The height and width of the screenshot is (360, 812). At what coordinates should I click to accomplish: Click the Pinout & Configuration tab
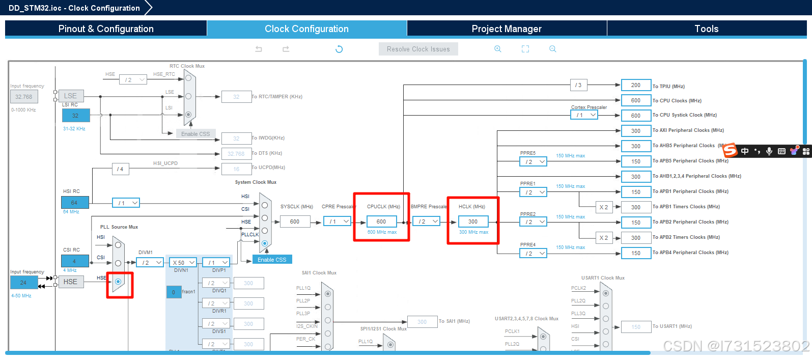106,29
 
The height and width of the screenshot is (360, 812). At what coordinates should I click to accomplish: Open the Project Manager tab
507,29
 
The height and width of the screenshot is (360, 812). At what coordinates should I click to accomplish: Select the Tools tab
707,29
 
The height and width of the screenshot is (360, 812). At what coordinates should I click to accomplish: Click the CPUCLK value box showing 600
381,221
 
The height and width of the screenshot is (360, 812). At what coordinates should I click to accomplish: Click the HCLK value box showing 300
473,221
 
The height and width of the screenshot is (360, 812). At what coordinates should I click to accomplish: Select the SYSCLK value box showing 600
295,221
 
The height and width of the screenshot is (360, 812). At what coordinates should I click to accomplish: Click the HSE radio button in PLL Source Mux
118,282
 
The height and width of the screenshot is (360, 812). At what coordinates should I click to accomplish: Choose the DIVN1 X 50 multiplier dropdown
183,263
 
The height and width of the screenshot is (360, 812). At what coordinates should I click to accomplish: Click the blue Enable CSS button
272,260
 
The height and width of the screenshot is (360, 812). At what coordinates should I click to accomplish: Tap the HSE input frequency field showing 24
23,282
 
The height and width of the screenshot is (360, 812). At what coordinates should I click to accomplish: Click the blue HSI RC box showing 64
75,203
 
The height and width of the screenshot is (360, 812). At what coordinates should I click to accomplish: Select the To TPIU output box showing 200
636,85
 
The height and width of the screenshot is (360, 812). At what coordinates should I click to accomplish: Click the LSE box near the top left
71,96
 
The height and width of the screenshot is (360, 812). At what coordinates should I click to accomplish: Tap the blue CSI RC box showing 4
75,261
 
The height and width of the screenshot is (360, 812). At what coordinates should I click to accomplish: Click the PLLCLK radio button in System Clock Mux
265,243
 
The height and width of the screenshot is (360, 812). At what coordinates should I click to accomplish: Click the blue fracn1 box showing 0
174,292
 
